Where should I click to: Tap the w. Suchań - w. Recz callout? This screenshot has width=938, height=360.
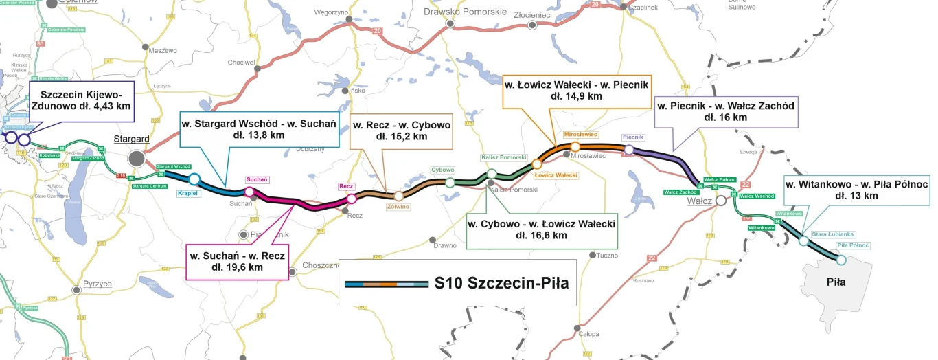click(x=238, y=262)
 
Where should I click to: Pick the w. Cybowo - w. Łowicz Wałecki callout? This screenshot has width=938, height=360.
click(x=541, y=229)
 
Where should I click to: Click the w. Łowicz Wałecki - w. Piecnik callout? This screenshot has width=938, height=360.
click(x=577, y=90)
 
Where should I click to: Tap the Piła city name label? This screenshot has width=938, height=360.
click(x=836, y=282)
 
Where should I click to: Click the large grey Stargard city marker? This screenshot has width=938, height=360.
click(x=137, y=159)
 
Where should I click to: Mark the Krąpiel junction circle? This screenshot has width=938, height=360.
click(x=194, y=179)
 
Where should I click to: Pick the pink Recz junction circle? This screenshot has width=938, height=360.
click(x=351, y=199)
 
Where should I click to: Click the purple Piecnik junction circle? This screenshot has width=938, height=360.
click(x=628, y=150)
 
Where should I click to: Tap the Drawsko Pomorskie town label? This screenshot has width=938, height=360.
click(x=465, y=12)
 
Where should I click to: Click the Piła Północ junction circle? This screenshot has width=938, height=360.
click(x=840, y=260)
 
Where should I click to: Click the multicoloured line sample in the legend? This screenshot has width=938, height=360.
click(x=385, y=282)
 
